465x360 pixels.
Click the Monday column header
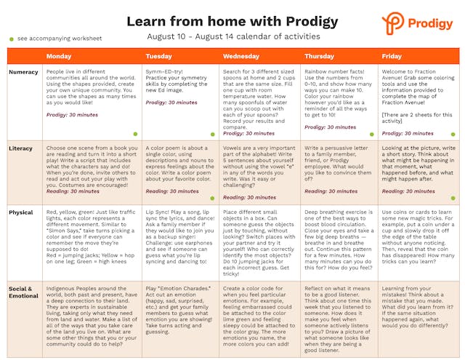coord(59,56)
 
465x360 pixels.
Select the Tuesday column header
coord(158,56)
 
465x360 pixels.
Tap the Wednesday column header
coord(240,56)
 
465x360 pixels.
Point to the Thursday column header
coord(320,56)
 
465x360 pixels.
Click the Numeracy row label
coord(24,72)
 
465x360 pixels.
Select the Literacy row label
coord(21,148)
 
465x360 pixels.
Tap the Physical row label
coord(21,213)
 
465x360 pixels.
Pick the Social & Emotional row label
coord(23,292)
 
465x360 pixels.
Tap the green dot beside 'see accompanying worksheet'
coord(11,38)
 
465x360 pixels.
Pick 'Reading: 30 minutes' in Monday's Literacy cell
coord(73,191)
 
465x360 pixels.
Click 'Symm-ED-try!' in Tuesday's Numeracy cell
coord(163,72)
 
